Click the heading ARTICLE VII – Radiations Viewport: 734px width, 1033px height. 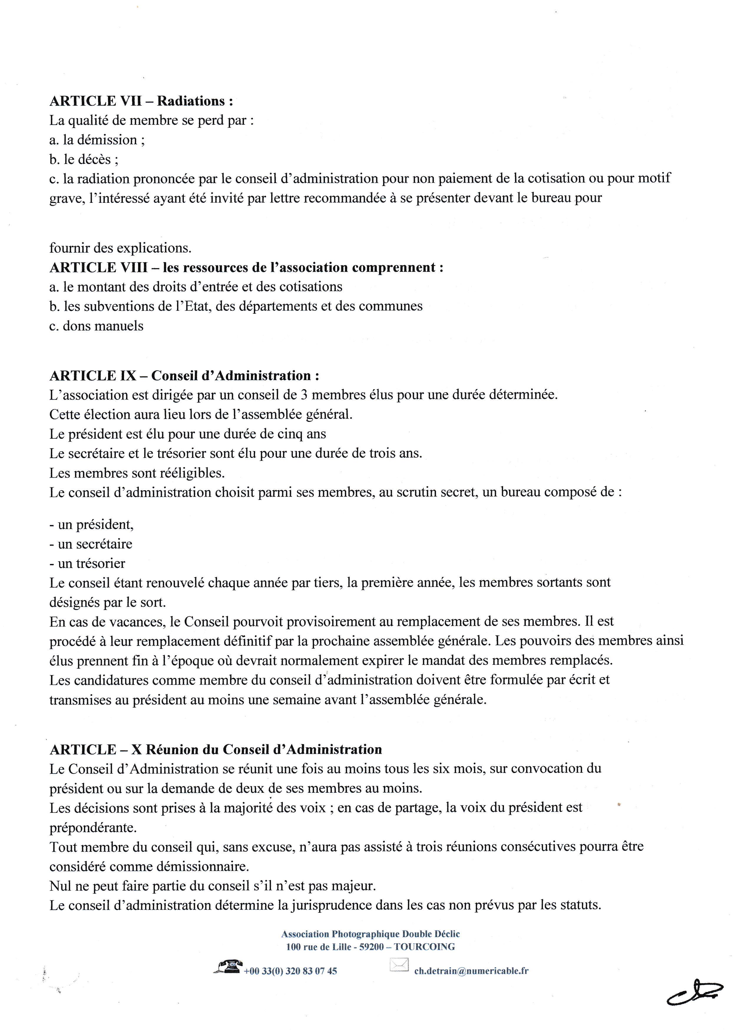[x=141, y=101]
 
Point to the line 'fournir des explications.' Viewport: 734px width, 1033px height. [x=120, y=248]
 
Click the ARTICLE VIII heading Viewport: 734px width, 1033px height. [x=246, y=267]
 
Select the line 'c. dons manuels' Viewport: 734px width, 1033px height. [x=96, y=326]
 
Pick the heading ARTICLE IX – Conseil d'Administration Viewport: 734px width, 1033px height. [x=184, y=375]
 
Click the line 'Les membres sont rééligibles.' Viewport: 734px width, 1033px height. [x=137, y=473]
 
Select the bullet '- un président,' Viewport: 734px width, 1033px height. [x=92, y=525]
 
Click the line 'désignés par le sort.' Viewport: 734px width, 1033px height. [x=108, y=602]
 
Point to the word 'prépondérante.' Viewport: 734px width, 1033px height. [x=93, y=828]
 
